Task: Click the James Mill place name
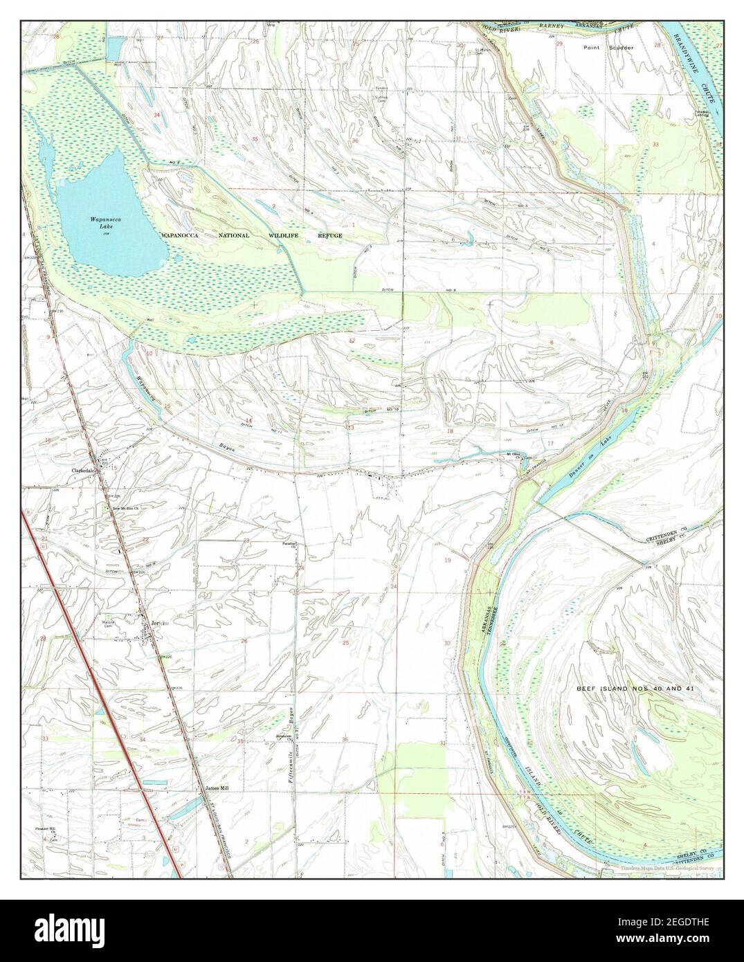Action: [x=216, y=788]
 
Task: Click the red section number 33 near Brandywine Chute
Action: [x=655, y=144]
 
